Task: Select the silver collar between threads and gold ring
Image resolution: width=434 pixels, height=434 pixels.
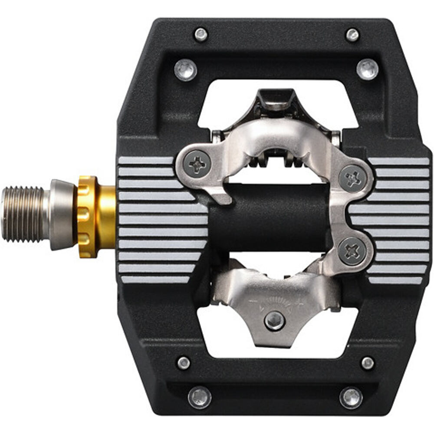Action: click(63, 215)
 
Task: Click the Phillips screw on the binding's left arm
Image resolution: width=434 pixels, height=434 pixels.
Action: click(197, 164)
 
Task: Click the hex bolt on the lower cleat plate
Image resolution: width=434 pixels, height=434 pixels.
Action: click(274, 321)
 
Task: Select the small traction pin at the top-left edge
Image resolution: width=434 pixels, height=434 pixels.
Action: click(201, 35)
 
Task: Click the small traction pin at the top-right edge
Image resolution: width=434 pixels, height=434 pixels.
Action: click(352, 35)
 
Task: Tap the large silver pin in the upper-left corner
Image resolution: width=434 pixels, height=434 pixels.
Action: click(186, 69)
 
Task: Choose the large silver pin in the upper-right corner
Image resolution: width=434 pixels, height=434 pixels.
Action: click(367, 69)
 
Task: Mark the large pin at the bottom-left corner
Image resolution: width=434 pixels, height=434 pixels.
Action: click(200, 397)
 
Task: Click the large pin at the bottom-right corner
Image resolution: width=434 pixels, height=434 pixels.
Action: click(351, 397)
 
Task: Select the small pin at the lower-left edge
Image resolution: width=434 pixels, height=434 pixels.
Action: click(184, 362)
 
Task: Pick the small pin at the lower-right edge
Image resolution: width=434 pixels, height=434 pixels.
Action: click(368, 363)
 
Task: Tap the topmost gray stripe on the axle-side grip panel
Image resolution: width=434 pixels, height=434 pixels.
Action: click(146, 161)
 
